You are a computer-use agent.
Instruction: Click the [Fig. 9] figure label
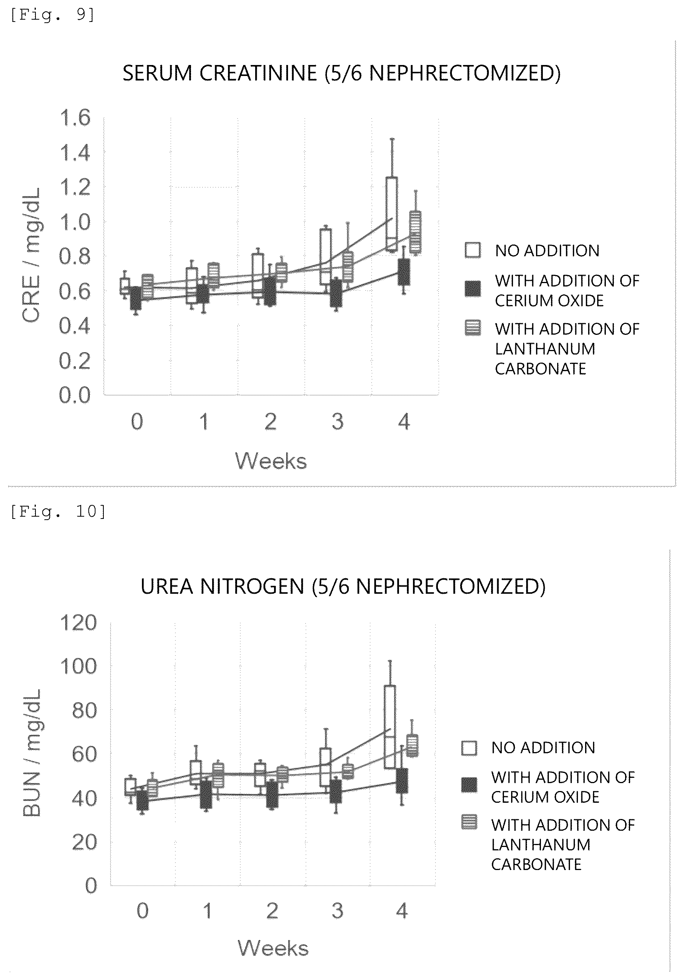(52, 15)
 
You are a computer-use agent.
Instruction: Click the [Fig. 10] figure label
(58, 511)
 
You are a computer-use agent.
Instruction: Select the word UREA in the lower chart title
(167, 587)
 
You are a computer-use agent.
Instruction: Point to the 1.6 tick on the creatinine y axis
(75, 118)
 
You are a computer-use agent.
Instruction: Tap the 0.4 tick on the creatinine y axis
(75, 326)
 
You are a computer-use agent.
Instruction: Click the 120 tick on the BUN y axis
(78, 623)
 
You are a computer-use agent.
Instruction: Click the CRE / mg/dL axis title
(31, 255)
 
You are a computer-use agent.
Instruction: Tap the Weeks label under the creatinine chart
(271, 461)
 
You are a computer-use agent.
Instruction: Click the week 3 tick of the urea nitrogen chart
(337, 911)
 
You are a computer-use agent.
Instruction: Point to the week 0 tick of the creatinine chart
(137, 422)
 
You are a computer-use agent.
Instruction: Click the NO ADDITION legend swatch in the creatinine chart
(473, 250)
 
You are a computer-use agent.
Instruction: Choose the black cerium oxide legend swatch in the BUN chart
(469, 785)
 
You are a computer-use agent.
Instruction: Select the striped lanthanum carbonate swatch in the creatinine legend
(473, 328)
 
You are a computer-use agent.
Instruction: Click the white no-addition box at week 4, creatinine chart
(391, 214)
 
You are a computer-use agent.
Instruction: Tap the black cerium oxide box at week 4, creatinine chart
(404, 271)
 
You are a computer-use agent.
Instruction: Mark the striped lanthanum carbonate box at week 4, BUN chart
(412, 745)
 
